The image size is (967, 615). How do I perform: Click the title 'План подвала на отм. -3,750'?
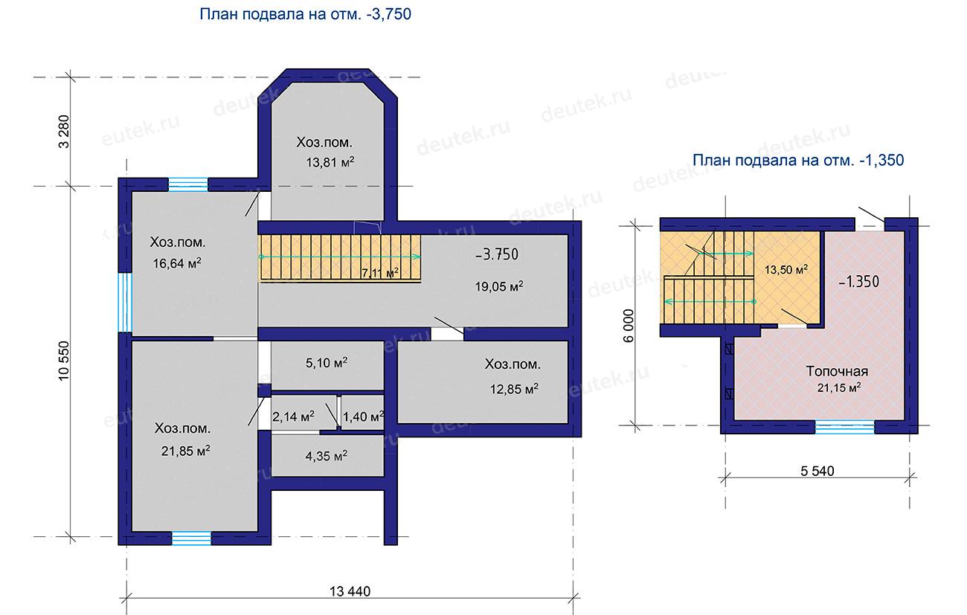click(305, 14)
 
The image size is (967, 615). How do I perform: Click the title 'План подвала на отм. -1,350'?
click(798, 160)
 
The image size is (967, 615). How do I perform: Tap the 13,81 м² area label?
click(330, 163)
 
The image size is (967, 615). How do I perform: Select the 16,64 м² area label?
click(177, 263)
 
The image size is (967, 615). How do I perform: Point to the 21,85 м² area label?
click(186, 451)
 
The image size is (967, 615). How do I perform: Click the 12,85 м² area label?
click(514, 389)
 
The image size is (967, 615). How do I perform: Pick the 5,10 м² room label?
click(327, 363)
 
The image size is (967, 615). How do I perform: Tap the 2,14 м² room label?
click(294, 416)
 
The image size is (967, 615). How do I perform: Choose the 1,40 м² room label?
click(363, 416)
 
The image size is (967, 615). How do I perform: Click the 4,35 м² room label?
click(327, 456)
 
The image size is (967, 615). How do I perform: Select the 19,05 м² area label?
click(499, 286)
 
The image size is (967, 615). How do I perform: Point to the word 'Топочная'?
click(837, 371)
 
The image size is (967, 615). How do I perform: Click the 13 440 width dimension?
click(350, 591)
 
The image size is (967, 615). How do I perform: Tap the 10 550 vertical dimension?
click(64, 361)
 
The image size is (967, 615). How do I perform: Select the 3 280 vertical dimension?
click(64, 132)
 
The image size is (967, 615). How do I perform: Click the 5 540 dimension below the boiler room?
click(817, 471)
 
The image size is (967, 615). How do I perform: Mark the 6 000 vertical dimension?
click(629, 326)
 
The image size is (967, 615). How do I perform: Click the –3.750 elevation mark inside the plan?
click(497, 254)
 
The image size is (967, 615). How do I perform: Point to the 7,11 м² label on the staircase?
click(380, 273)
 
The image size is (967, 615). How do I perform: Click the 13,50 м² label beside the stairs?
click(786, 270)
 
